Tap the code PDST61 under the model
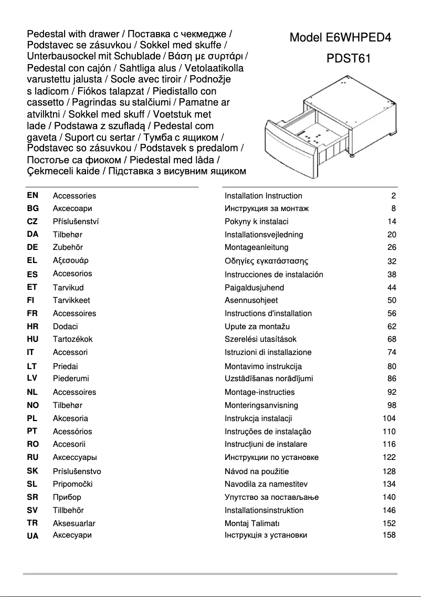tap(349, 58)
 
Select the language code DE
tap(33, 247)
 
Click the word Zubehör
tap(68, 247)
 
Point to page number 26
tap(391, 247)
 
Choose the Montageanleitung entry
tap(256, 247)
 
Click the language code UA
tap(33, 536)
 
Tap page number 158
tap(389, 536)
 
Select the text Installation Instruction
tap(263, 196)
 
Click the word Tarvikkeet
tap(71, 300)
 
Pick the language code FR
tap(33, 313)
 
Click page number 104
tap(389, 418)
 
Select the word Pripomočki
tap(72, 484)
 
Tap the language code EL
tap(33, 260)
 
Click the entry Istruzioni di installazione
tap(268, 352)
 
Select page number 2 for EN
tap(393, 196)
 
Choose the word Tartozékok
tap(72, 339)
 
